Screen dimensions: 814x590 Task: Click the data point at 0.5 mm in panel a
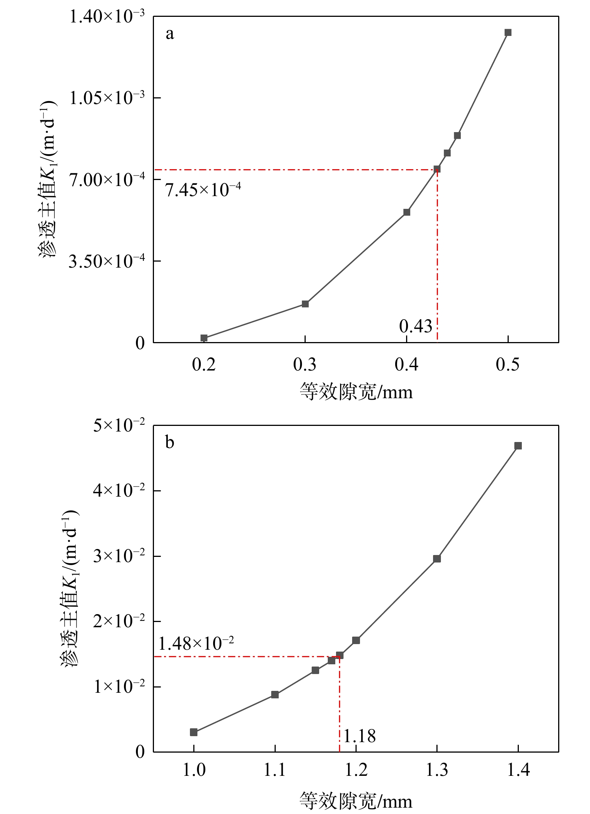click(508, 33)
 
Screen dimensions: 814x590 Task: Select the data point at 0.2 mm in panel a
click(204, 338)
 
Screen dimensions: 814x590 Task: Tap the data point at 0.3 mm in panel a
click(305, 304)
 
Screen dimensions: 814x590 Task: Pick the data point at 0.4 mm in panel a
click(407, 212)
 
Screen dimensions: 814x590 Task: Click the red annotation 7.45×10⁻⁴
click(203, 190)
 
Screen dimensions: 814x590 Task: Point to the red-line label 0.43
click(416, 326)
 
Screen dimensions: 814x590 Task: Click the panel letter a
click(170, 34)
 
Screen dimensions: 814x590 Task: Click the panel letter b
click(170, 443)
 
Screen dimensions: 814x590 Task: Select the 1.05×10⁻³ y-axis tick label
click(107, 98)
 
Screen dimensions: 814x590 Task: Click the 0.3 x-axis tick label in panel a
click(305, 365)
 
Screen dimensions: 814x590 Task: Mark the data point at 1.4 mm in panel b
click(518, 446)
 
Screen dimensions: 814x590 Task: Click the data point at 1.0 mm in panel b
click(194, 732)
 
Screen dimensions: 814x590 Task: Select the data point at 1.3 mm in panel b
click(437, 559)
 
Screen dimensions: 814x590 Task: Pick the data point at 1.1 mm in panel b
click(275, 695)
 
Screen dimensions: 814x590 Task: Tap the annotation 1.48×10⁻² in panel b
click(196, 644)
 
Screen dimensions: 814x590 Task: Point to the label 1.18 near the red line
click(360, 736)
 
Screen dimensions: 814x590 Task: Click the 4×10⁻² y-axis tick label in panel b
click(119, 490)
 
